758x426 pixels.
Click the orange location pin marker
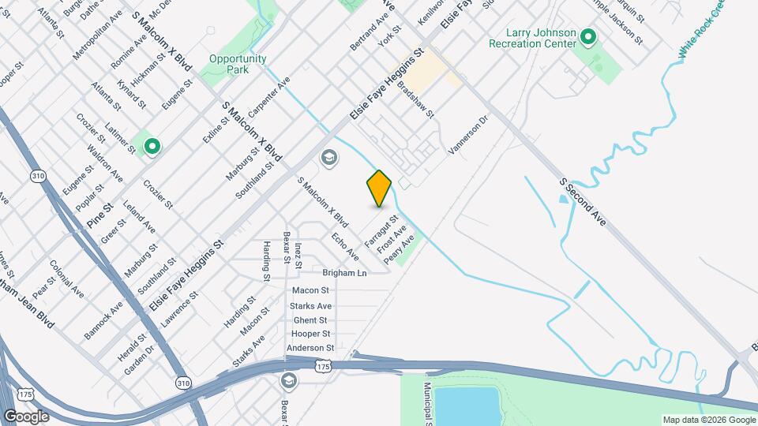(x=379, y=189)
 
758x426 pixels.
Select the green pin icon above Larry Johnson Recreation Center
(x=587, y=36)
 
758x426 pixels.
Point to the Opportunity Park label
(x=238, y=64)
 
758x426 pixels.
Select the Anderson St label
(x=310, y=348)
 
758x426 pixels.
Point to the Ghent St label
(x=310, y=320)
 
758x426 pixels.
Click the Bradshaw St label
(x=416, y=99)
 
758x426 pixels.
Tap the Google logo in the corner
(x=26, y=416)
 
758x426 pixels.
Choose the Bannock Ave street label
(x=103, y=318)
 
